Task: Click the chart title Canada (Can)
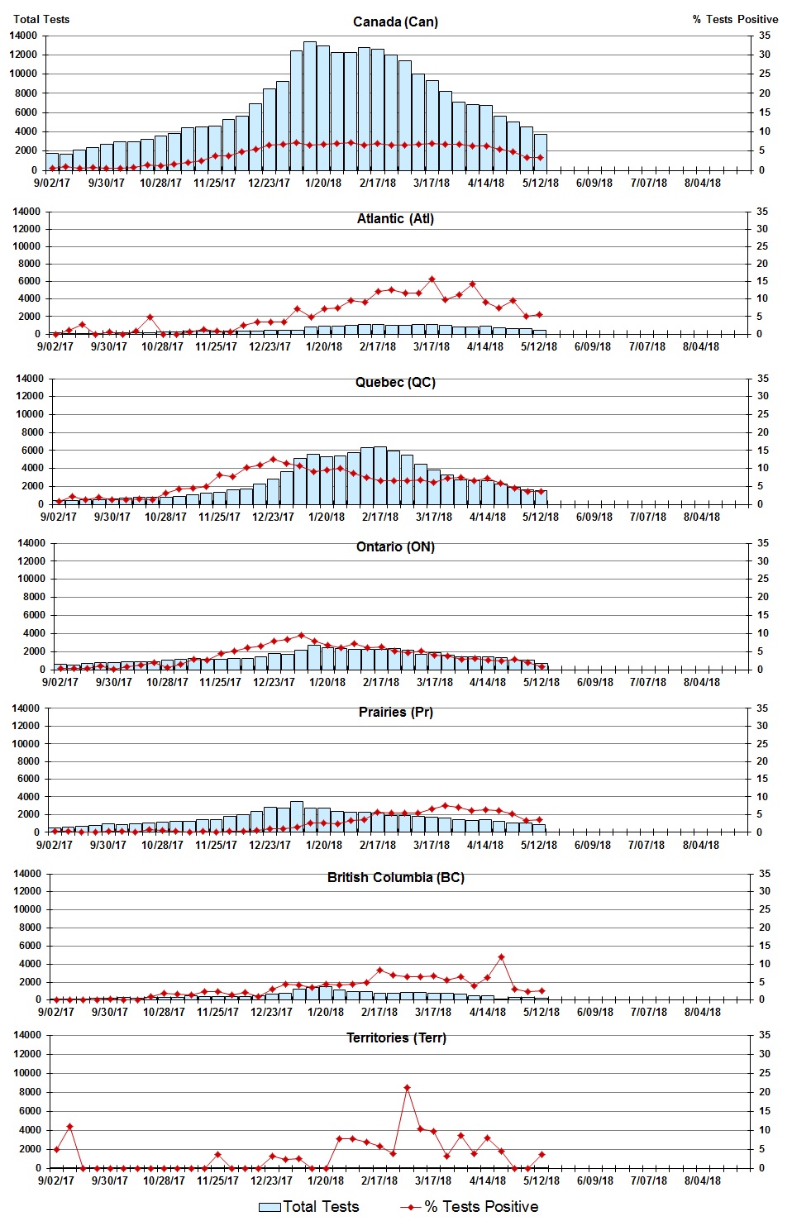[x=395, y=21]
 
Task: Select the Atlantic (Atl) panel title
[x=395, y=218]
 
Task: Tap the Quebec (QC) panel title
[x=395, y=382]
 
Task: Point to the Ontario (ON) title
[x=395, y=546]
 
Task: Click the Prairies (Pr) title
[x=395, y=712]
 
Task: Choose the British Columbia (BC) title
[x=395, y=877]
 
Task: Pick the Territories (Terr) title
[x=395, y=1037]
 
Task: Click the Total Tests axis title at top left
[x=41, y=19]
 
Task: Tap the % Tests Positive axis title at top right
[x=735, y=19]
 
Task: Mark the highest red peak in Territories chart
[x=407, y=1088]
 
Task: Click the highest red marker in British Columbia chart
[x=501, y=957]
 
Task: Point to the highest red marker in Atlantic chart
[x=432, y=279]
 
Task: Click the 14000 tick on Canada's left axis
[x=23, y=36]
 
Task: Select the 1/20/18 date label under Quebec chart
[x=327, y=517]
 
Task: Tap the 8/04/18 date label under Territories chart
[x=702, y=1180]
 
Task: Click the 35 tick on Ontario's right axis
[x=764, y=543]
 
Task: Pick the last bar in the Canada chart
[x=540, y=152]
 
